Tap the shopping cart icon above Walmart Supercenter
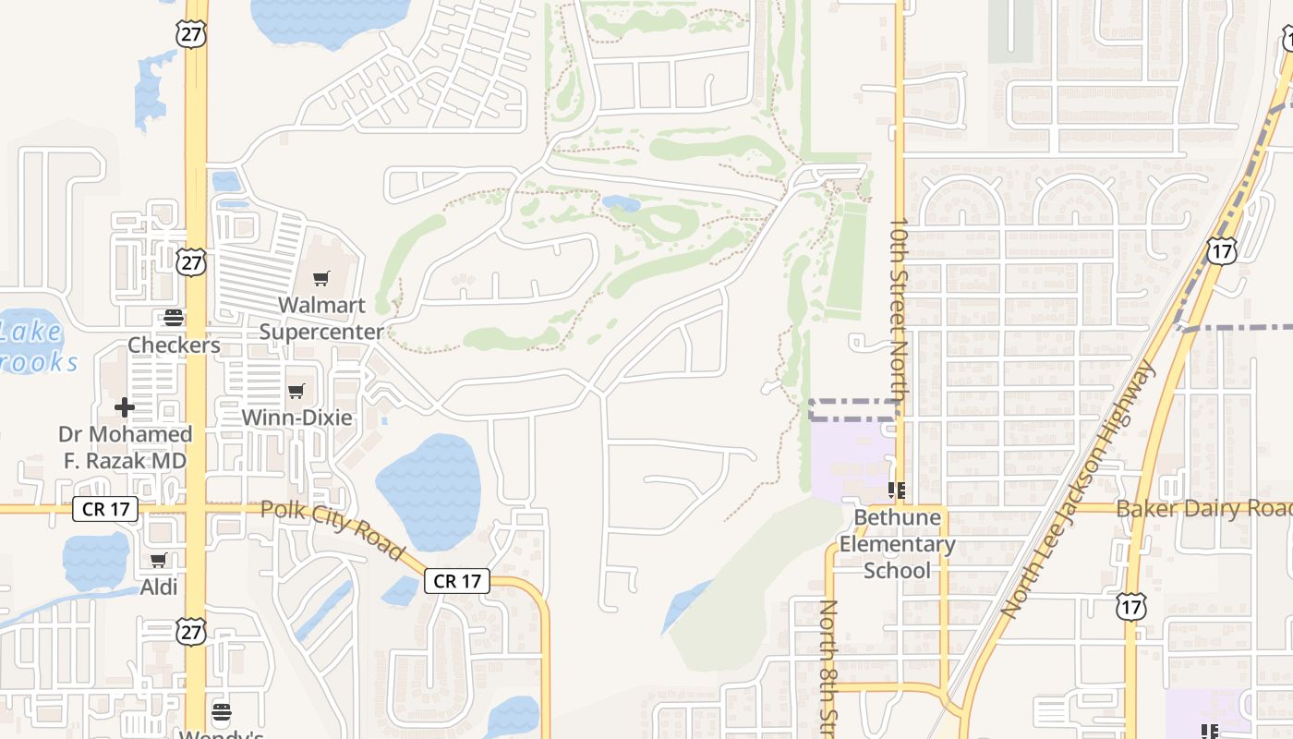coord(320,278)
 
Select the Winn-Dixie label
coord(296,418)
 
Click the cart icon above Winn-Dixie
coord(296,392)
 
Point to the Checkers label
coord(174,345)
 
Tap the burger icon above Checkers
coord(173,319)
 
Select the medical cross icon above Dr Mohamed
coord(125,407)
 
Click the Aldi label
coord(159,587)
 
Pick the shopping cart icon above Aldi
coord(159,560)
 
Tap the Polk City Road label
coord(332,529)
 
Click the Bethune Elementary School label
coord(897,544)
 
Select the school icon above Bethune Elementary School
coord(896,490)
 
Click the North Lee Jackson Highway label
coord(1079,490)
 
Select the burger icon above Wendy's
coord(221,712)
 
